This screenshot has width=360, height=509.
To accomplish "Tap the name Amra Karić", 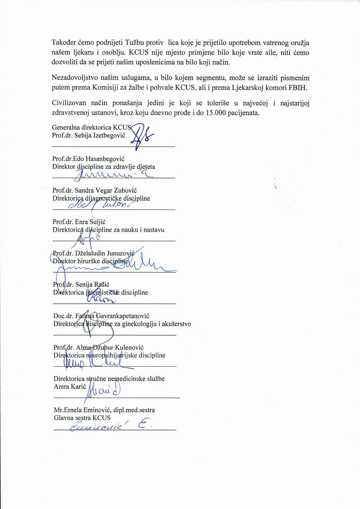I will click(x=70, y=387).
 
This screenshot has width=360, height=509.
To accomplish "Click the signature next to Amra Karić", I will click(x=102, y=392).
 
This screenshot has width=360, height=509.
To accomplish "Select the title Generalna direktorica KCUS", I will click(x=91, y=127).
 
